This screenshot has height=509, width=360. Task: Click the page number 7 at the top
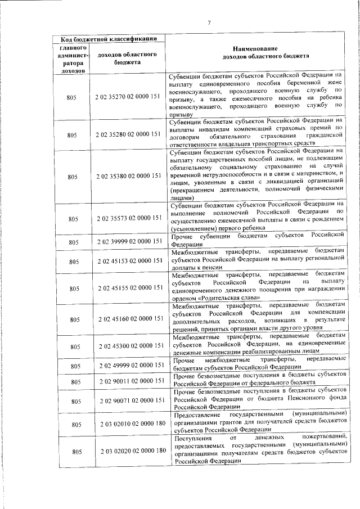[x=208, y=22]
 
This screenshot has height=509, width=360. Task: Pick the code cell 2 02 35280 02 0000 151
[x=129, y=135]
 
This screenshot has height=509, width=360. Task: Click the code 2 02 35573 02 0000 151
[x=129, y=218]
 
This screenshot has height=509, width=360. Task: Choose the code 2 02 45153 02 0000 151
[x=129, y=262]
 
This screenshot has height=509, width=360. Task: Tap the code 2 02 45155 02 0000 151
[x=129, y=288]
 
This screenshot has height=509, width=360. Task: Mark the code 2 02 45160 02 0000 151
[x=129, y=319]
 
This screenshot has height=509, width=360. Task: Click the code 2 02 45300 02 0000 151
[x=129, y=346]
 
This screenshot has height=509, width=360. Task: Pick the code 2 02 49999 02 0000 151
[x=129, y=366]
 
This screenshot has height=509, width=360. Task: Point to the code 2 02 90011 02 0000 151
[x=129, y=381]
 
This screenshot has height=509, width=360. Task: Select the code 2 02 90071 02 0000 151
[x=129, y=400]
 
